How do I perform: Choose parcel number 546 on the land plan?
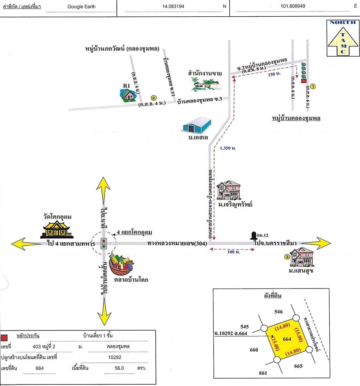coord(279,312)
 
